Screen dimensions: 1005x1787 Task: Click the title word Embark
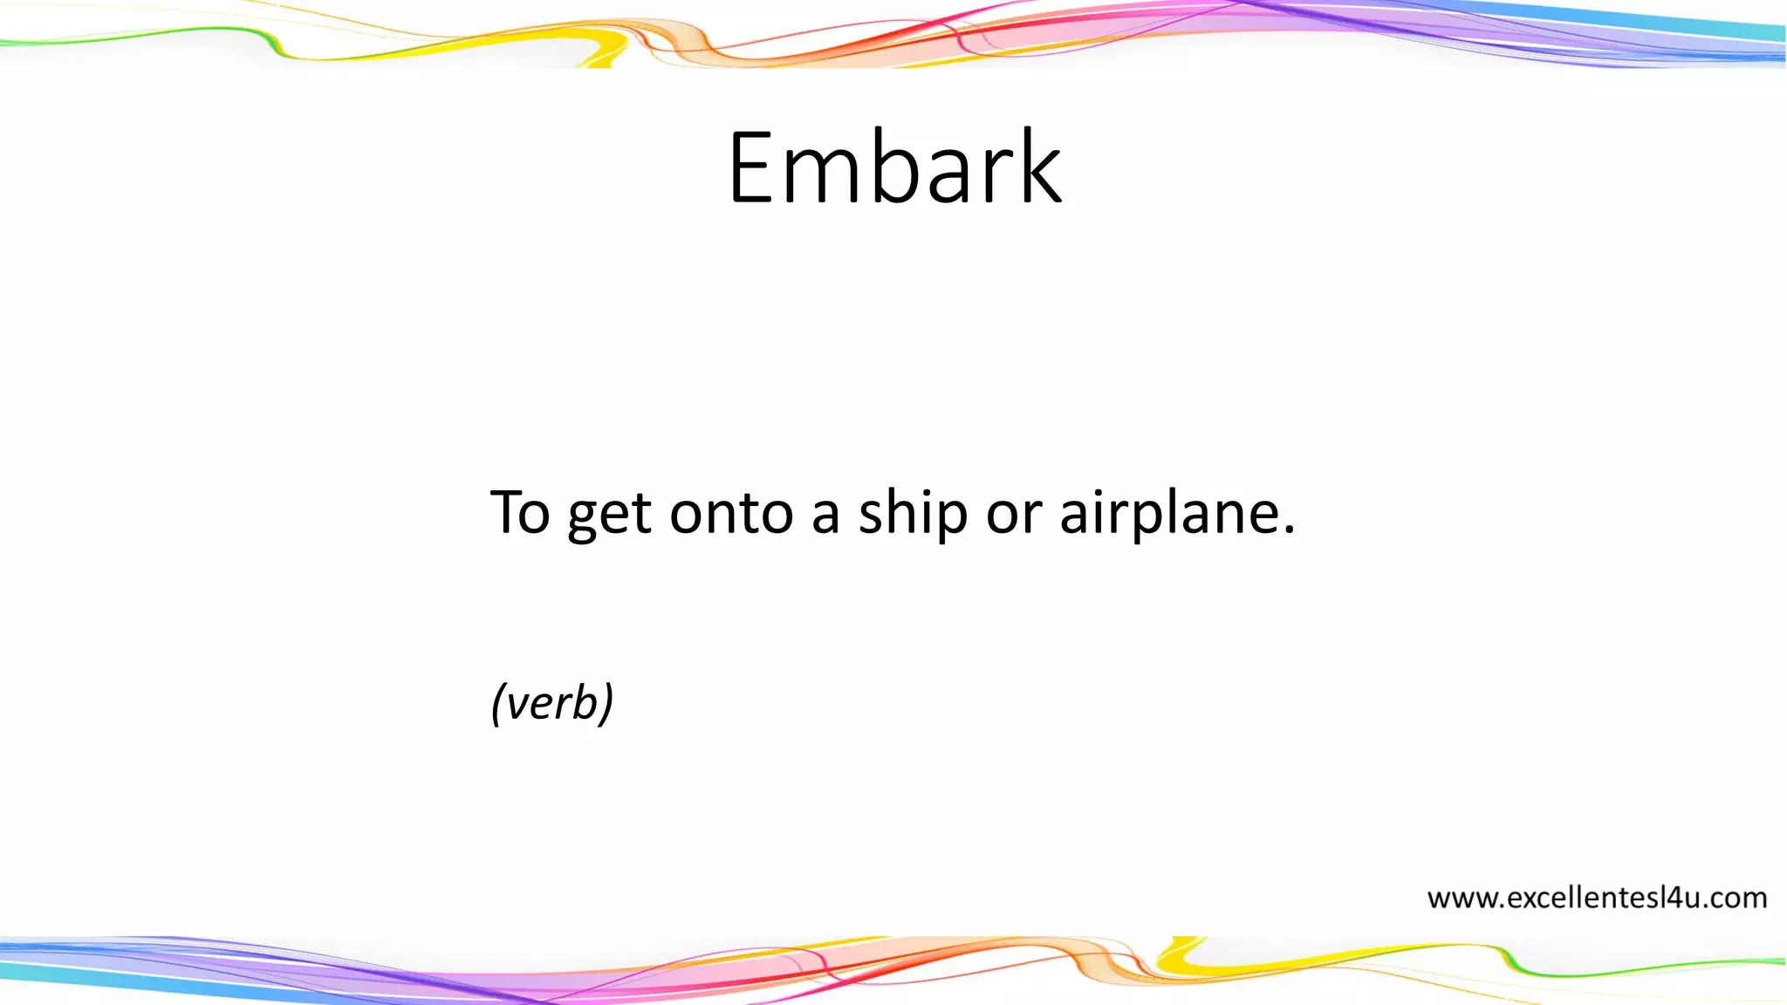point(894,167)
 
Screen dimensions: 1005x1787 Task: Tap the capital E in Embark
point(752,167)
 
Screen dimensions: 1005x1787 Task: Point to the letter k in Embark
point(1038,167)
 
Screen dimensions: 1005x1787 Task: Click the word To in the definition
point(520,512)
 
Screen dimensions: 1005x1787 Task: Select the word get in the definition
point(609,515)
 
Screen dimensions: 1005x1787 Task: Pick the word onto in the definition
point(731,512)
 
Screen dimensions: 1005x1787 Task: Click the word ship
point(913,514)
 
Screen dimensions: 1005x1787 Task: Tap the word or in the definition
point(1013,514)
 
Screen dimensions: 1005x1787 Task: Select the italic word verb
point(552,703)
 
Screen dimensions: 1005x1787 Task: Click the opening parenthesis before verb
point(498,703)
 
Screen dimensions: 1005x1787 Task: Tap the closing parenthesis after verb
point(607,703)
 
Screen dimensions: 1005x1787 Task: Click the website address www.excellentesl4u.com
point(1597,898)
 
